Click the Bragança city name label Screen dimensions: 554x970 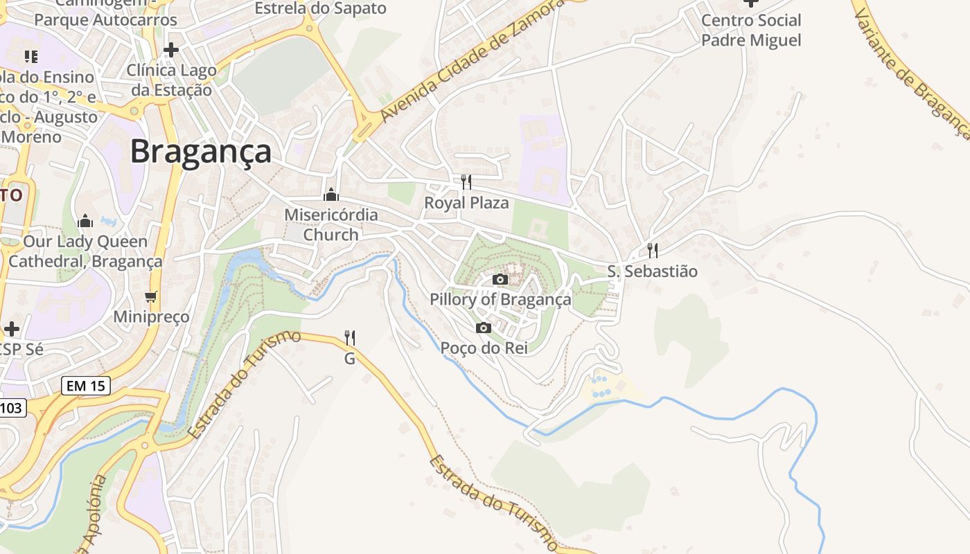201,151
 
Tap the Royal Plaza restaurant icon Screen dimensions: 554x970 466,182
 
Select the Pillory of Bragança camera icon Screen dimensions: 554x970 500,280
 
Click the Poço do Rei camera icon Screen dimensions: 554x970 484,328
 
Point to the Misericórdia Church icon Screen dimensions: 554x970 331,195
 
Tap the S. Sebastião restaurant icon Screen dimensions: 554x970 652,251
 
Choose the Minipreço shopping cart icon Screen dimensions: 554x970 151,297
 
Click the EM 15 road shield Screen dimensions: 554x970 86,386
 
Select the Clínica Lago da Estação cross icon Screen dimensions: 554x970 171,50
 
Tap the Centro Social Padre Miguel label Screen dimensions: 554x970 751,30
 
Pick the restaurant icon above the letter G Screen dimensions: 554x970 350,338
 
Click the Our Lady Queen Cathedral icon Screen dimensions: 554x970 86,221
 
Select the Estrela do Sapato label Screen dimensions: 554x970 320,8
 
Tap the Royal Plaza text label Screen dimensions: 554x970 466,203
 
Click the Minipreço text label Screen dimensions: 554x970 151,317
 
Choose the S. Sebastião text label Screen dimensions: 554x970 652,271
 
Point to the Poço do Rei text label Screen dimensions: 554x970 484,348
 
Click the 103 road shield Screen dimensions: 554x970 11,408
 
